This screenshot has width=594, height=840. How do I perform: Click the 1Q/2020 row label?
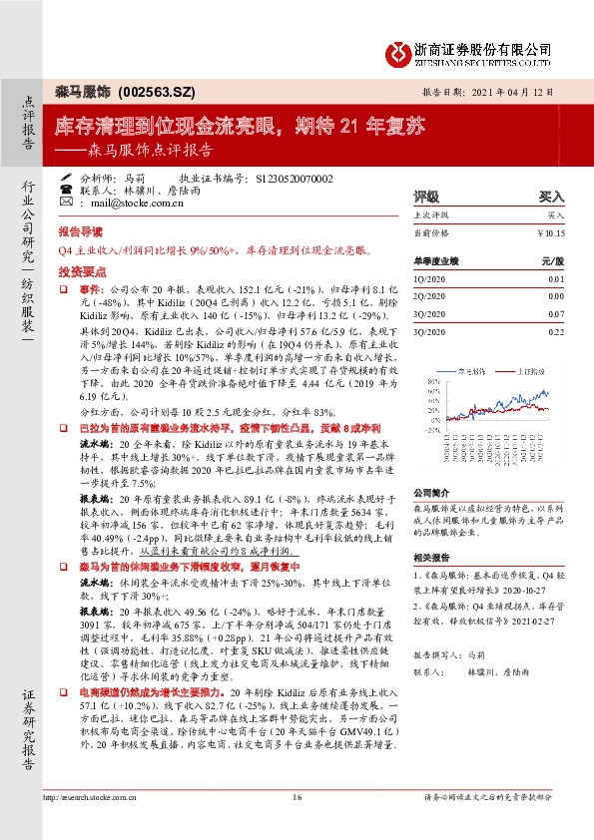point(426,279)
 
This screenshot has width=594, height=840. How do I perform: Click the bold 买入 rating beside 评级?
point(551,198)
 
